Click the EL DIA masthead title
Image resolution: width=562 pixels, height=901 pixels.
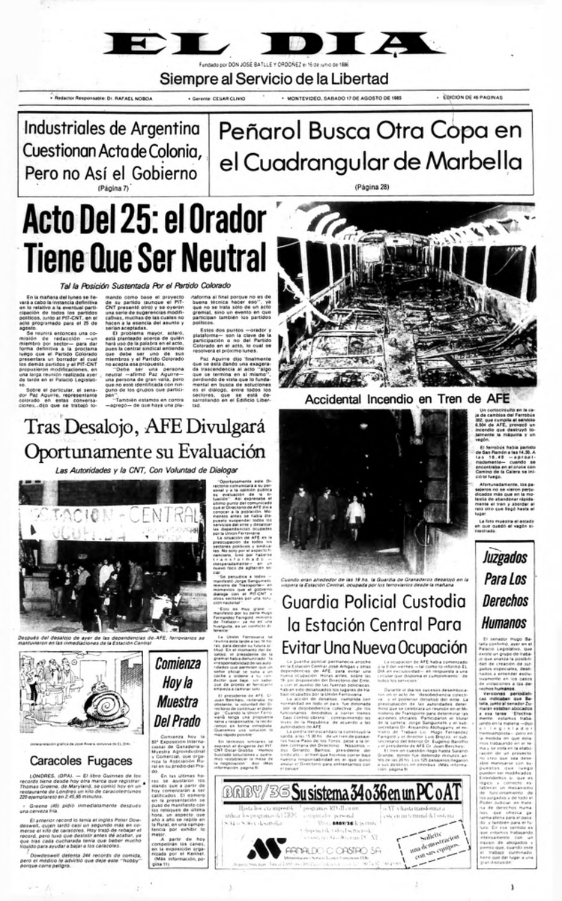coord(280,44)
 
